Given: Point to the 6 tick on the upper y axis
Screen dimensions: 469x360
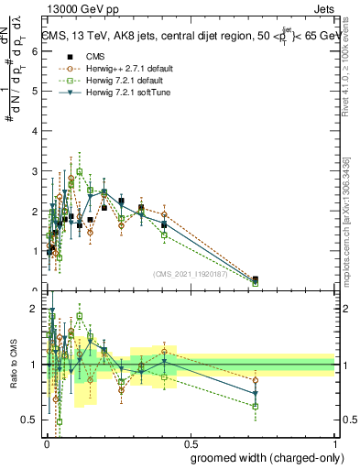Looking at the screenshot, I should (34, 51).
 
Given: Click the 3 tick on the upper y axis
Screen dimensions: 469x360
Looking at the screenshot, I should (34, 171).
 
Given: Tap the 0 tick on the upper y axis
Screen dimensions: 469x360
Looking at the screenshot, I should (34, 291).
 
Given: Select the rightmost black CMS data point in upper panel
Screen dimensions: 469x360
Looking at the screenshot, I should (256, 279).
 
